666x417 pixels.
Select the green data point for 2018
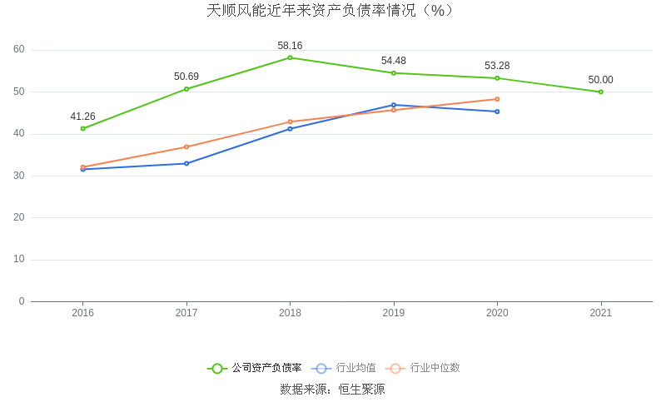[x=290, y=57]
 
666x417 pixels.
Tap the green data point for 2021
[x=600, y=92]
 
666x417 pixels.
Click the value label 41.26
[x=82, y=117]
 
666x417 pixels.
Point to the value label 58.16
[x=290, y=46]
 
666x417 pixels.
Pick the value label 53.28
[x=497, y=66]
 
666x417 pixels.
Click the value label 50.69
[x=186, y=77]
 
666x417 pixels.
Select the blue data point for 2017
[x=186, y=163]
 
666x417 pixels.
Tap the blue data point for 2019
[x=394, y=105]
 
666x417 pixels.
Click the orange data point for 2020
[x=497, y=99]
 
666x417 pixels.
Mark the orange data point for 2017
[x=186, y=146]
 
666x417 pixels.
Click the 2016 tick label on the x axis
[x=82, y=313]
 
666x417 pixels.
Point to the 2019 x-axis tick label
[x=394, y=313]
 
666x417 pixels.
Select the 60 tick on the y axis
[x=19, y=49]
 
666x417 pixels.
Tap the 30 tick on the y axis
[x=19, y=176]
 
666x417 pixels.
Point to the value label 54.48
[x=394, y=61]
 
